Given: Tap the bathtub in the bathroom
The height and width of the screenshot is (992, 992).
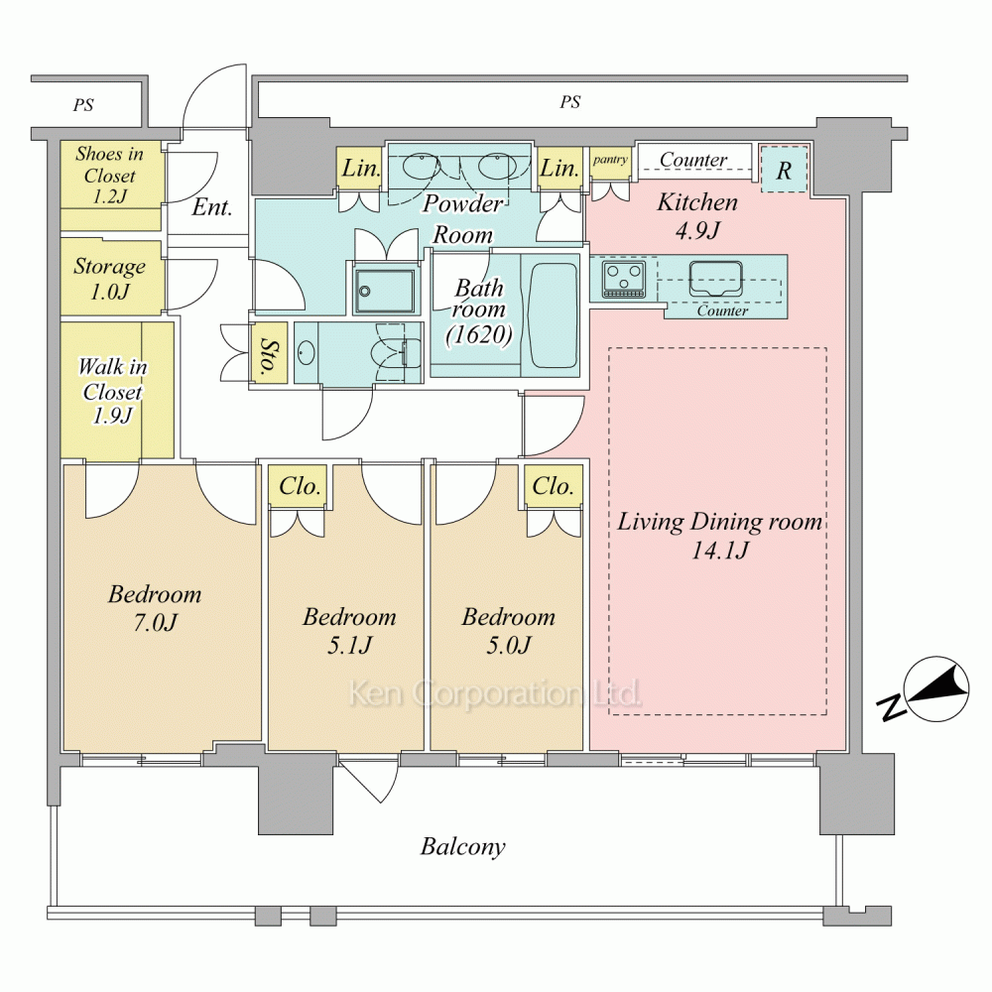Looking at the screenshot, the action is tap(553, 315).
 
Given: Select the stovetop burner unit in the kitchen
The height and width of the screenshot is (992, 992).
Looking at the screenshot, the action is tap(624, 279).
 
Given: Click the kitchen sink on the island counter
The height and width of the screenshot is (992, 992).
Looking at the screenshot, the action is tap(715, 279).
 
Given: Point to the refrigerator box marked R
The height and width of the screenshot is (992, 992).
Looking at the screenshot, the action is tap(784, 169).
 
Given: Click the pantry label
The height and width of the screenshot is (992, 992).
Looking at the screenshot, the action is tap(610, 160).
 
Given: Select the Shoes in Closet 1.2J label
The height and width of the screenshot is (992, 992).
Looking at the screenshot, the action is tap(109, 176).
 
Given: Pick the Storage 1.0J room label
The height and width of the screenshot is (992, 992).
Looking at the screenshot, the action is tap(109, 279).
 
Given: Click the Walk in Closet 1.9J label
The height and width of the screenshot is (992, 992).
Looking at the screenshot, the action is tap(113, 390).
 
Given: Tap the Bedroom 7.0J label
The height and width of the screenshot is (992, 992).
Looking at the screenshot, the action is tap(155, 608).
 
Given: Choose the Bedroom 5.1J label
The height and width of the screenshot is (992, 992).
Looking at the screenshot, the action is tap(349, 631).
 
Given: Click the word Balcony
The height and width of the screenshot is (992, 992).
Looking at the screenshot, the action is tap(463, 846).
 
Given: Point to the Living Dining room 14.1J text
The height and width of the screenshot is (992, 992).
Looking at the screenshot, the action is tap(720, 536).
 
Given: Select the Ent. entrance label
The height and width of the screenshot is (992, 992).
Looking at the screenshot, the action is tap(212, 207).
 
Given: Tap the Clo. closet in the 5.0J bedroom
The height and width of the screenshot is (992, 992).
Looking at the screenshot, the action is tap(553, 486).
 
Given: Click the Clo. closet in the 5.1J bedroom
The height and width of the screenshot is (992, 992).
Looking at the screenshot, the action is tap(300, 486).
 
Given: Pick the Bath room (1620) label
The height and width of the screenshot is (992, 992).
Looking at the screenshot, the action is tap(479, 311).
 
